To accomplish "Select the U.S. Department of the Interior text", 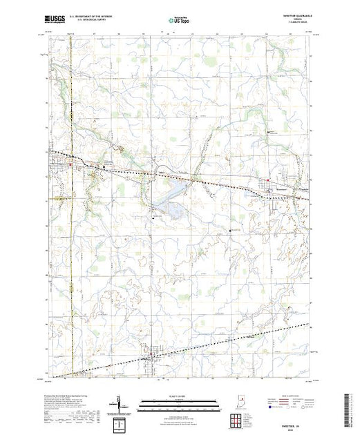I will tap(98, 18).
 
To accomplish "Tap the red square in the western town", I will tap(76, 164).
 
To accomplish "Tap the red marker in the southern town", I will tap(152, 358).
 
